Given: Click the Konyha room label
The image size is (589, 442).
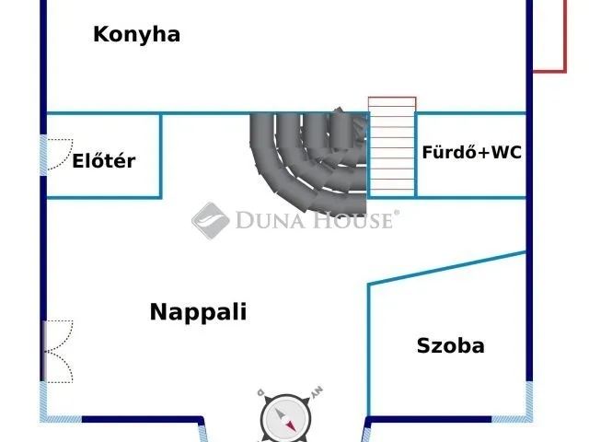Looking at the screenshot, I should click(x=136, y=35).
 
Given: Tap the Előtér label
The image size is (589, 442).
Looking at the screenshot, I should click(x=104, y=161).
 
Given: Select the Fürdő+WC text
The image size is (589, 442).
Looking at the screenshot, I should click(x=471, y=153).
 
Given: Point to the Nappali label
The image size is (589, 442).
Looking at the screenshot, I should click(x=198, y=312).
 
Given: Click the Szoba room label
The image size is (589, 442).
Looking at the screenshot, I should click(x=450, y=346).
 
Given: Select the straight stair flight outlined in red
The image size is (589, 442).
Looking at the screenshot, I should click(x=391, y=147).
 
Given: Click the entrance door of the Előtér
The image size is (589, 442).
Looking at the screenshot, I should click(x=55, y=155).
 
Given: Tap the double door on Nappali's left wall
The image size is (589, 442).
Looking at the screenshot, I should click(x=57, y=351).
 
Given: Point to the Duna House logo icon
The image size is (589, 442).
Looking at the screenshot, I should click(x=210, y=220).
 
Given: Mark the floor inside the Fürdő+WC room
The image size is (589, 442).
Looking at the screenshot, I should click(x=471, y=180).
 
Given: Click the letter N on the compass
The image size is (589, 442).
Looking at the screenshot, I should click(x=318, y=393).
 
